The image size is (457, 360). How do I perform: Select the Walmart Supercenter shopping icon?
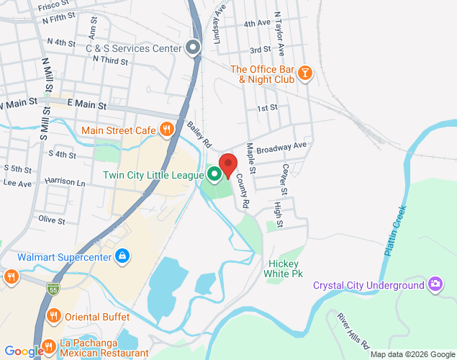123,256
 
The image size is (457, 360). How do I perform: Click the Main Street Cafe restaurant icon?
167,130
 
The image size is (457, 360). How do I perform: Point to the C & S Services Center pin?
193,48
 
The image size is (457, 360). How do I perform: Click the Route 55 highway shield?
53,289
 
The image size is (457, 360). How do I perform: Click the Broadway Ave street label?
282,148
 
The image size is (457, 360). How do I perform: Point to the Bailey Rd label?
199,132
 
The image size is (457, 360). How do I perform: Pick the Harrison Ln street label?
65,183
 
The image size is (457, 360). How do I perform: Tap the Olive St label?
52,219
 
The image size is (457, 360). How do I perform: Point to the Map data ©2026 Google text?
411,354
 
